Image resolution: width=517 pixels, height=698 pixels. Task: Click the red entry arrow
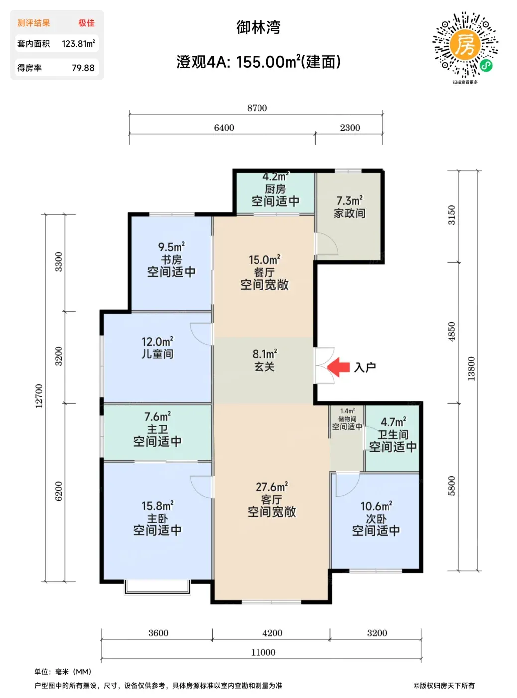[338, 367]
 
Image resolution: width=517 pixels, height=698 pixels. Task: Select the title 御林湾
[258, 28]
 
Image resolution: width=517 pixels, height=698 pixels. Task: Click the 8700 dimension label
[257, 108]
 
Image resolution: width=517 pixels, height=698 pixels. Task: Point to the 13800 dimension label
[471, 368]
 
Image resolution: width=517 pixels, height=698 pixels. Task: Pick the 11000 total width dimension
[263, 652]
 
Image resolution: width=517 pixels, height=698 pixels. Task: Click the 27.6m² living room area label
[271, 487]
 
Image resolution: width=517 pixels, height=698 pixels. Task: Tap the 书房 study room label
[171, 260]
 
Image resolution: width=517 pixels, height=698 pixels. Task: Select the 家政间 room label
[349, 214]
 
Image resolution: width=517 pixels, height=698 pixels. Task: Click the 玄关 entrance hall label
[264, 367]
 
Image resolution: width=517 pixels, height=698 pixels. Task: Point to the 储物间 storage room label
[347, 419]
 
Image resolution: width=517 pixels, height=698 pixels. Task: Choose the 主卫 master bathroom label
[157, 429]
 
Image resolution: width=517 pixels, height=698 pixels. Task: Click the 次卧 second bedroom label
[376, 519]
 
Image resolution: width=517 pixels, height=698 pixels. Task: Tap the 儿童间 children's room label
[157, 354]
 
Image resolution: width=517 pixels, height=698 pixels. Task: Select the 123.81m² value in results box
[78, 43]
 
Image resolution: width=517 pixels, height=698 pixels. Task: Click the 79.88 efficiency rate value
[83, 68]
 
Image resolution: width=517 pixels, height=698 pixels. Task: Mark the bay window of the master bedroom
[157, 586]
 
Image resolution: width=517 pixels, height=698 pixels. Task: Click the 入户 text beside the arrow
[365, 367]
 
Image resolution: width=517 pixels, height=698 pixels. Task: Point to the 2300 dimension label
[350, 128]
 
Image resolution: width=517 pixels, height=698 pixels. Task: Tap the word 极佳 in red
[87, 23]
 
